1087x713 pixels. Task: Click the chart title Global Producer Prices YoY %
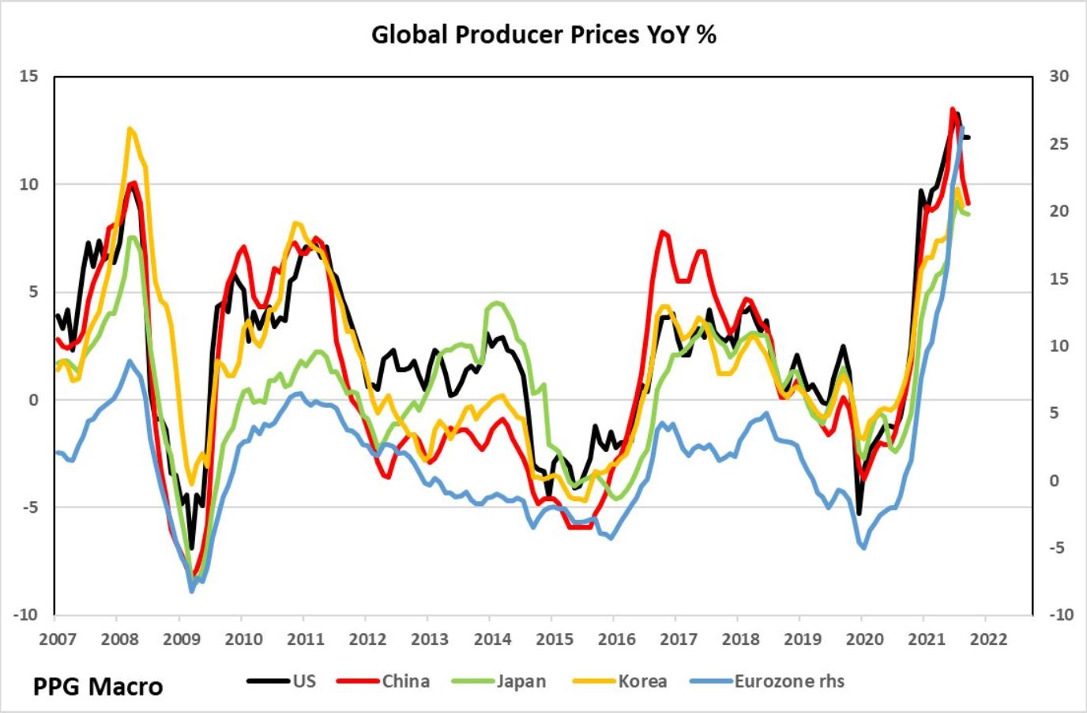click(x=543, y=36)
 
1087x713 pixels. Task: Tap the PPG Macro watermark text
click(x=98, y=686)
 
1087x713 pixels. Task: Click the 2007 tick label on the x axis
click(x=55, y=639)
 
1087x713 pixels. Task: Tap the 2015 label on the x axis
click(x=555, y=639)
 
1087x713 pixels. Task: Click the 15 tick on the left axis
click(x=29, y=77)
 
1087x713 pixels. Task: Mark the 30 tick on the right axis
click(x=1059, y=77)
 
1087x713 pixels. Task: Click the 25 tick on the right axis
click(x=1059, y=144)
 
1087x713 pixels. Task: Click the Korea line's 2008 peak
click(x=130, y=128)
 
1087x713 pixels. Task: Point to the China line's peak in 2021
click(x=953, y=109)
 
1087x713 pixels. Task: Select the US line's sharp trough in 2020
click(x=859, y=515)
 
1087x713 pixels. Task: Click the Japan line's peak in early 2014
click(x=496, y=303)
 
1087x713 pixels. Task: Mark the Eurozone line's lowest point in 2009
click(x=191, y=590)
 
